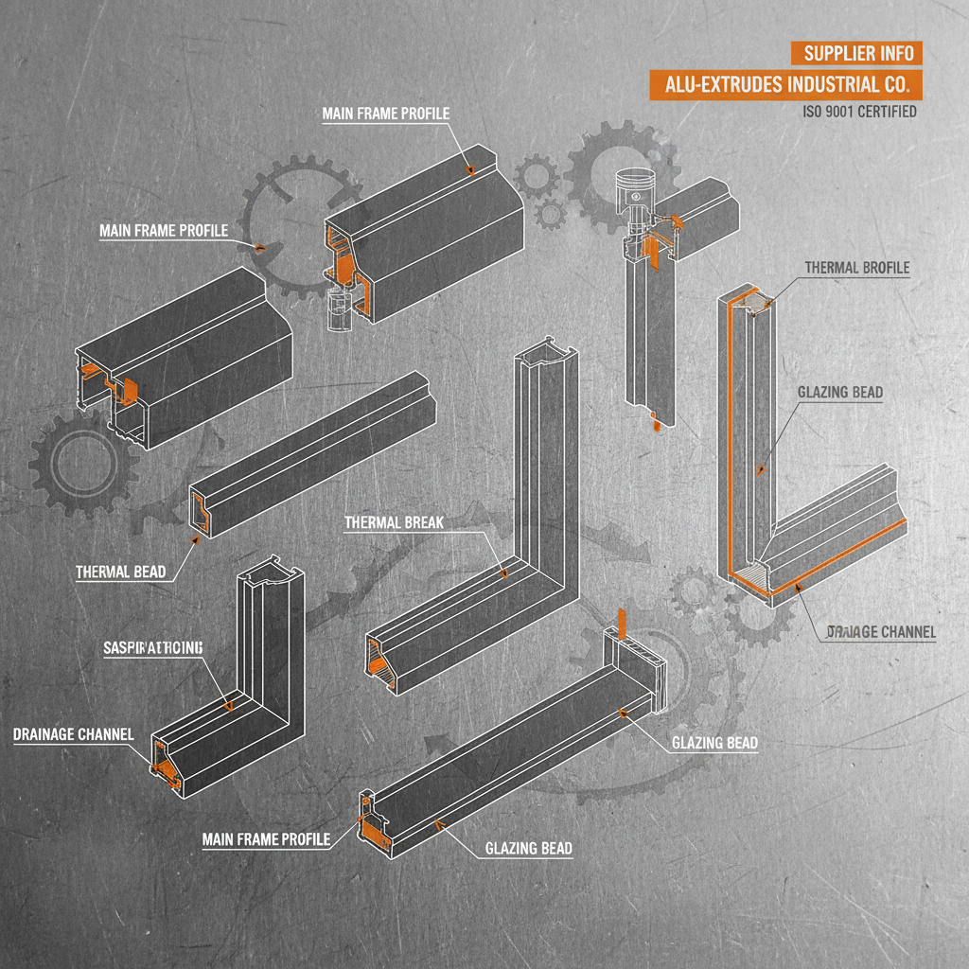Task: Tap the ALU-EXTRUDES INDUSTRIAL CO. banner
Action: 785,84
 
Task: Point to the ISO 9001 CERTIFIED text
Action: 859,112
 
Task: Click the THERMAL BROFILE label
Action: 856,268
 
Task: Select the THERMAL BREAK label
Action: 394,521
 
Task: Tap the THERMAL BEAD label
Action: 120,572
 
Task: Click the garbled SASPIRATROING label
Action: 152,647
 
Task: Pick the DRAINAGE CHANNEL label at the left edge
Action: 73,734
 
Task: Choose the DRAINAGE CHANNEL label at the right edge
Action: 881,631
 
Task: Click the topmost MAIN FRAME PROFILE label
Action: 386,114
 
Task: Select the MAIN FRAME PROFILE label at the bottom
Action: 266,839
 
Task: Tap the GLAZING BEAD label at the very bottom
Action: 528,848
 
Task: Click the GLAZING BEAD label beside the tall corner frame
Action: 840,393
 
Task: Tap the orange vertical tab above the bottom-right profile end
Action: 622,623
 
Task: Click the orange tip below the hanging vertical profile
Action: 653,426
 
